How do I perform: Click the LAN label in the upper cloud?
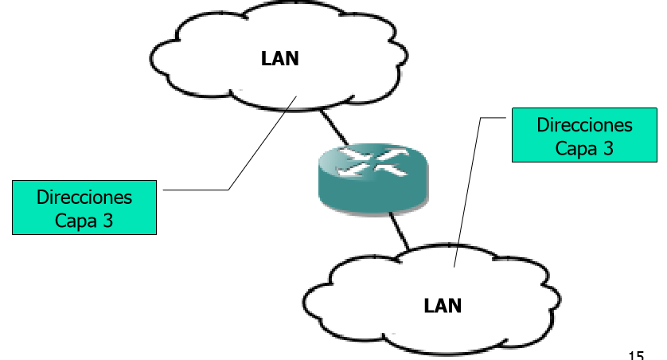(280, 58)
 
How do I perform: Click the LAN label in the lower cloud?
(443, 305)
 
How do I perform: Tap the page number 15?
(635, 354)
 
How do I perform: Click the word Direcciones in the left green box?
(84, 197)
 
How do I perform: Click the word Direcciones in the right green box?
(584, 126)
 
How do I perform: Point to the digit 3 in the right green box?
(608, 148)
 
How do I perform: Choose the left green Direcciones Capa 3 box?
(84, 208)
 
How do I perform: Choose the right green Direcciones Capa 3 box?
(584, 136)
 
